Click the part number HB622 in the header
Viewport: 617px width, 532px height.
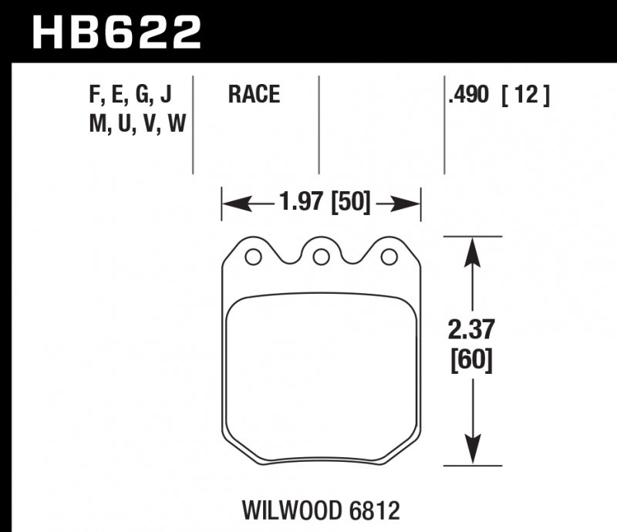point(116,32)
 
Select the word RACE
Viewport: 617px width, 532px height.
point(254,95)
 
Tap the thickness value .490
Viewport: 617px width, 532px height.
point(468,96)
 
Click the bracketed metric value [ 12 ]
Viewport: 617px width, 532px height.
point(525,96)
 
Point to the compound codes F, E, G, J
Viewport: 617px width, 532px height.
point(130,95)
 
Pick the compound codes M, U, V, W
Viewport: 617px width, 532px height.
point(137,123)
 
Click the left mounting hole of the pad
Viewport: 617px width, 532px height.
point(252,256)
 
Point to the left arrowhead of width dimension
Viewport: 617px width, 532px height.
point(232,204)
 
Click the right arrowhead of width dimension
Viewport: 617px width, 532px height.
point(410,204)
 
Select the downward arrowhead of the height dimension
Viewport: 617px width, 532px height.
point(471,453)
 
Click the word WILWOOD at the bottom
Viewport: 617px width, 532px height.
point(287,510)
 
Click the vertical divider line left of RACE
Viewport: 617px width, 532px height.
point(193,123)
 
